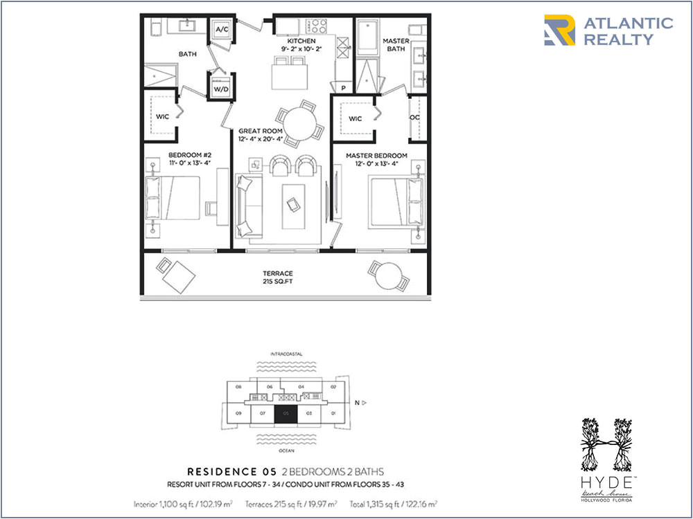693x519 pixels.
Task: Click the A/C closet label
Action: tap(222, 30)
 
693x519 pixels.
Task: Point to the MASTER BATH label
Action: tap(396, 45)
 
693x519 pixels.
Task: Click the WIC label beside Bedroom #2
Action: tap(162, 117)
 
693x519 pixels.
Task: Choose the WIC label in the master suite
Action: tap(355, 119)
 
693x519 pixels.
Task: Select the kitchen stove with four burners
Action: tap(317, 26)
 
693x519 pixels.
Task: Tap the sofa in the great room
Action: tap(247, 206)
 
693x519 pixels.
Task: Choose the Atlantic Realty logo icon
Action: tap(559, 30)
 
